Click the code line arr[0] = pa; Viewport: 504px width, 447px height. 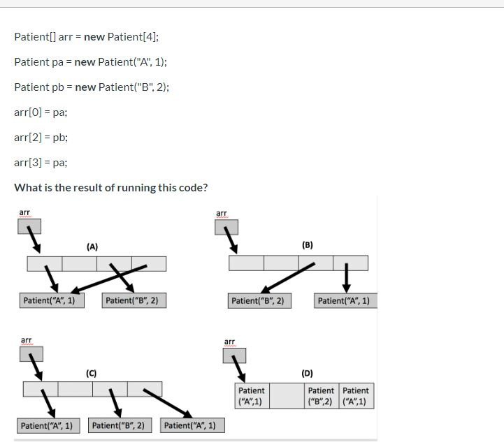click(41, 112)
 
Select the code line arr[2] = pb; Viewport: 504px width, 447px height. click(41, 138)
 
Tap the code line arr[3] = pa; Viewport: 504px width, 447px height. click(41, 163)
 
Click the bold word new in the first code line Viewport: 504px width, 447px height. click(94, 37)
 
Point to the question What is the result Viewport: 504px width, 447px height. click(110, 188)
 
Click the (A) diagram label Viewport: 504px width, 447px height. click(92, 247)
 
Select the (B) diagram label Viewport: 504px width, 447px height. click(308, 245)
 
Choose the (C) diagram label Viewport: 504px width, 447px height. click(91, 373)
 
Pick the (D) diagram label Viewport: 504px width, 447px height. click(308, 373)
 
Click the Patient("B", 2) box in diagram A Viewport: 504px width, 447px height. click(134, 301)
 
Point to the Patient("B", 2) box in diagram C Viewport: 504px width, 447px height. click(117, 425)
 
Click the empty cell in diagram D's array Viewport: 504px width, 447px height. click(287, 396)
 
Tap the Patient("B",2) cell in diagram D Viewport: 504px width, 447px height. click(322, 396)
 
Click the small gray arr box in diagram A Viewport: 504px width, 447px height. click(29, 226)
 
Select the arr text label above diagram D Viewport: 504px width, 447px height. click(229, 342)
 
